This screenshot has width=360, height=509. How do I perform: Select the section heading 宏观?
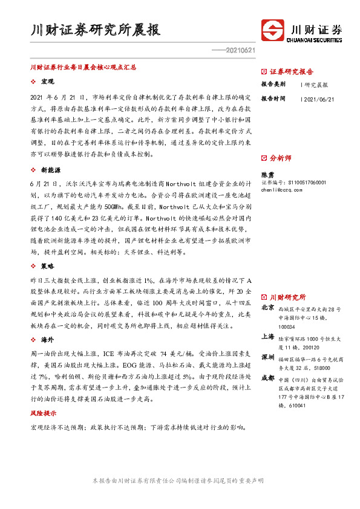click(x=48, y=81)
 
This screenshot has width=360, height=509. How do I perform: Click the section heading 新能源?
click(x=50, y=170)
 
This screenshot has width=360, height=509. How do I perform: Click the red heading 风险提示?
click(x=44, y=414)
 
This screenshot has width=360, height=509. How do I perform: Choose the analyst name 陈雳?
click(x=267, y=173)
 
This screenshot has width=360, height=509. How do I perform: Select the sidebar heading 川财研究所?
click(x=287, y=297)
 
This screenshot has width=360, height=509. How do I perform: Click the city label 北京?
click(x=267, y=308)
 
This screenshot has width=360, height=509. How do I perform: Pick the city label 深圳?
click(x=267, y=357)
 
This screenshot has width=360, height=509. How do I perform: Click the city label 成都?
click(x=267, y=378)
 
